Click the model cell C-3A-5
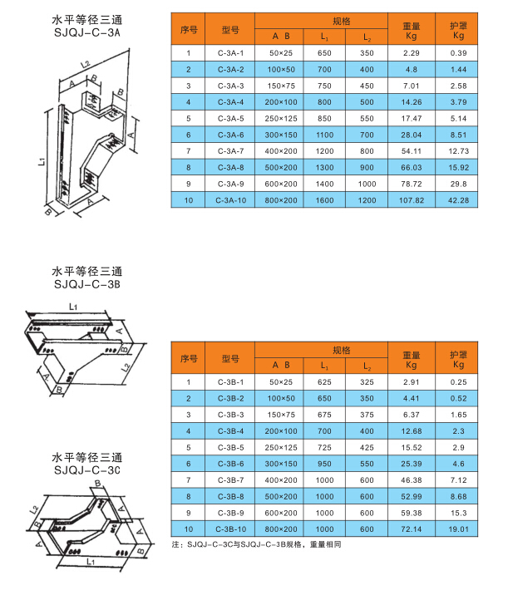pos(231,118)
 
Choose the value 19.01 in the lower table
pos(458,528)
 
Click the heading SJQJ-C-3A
pos(86,32)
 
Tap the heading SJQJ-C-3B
pos(86,283)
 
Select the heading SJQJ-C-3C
pos(86,470)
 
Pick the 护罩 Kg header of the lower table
pos(458,358)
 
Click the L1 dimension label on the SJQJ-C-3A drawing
pos(41,163)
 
